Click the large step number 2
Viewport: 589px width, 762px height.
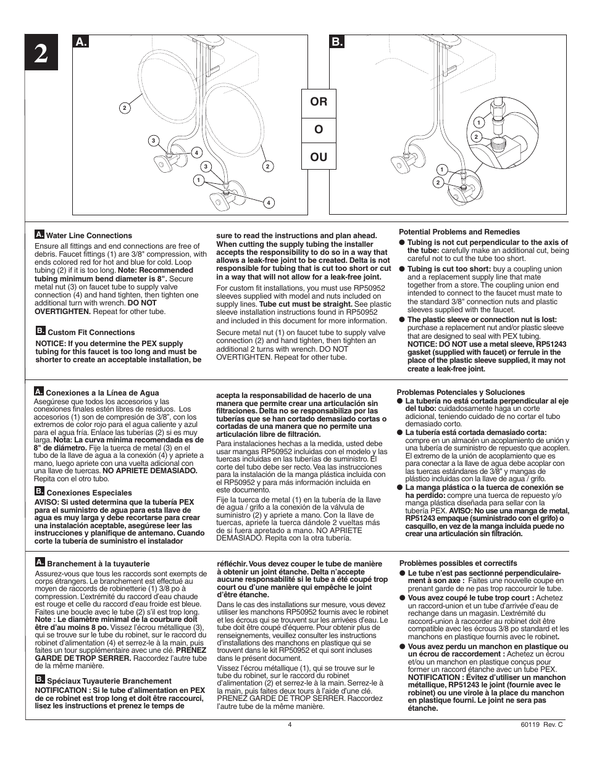[40, 56]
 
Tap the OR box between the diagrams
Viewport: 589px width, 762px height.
[319, 101]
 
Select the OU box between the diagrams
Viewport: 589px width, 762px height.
[319, 157]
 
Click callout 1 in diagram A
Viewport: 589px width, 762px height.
[198, 180]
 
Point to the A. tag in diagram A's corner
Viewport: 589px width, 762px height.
[80, 43]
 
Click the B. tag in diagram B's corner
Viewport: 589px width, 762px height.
[336, 43]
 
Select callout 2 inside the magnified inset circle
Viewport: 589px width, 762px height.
[476, 136]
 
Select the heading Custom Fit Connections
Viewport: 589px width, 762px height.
[91, 333]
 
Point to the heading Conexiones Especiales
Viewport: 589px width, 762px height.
[89, 493]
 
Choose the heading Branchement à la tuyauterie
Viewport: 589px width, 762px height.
[98, 564]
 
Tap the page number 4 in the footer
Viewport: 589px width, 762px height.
[289, 725]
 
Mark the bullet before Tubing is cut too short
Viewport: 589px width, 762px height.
[401, 269]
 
